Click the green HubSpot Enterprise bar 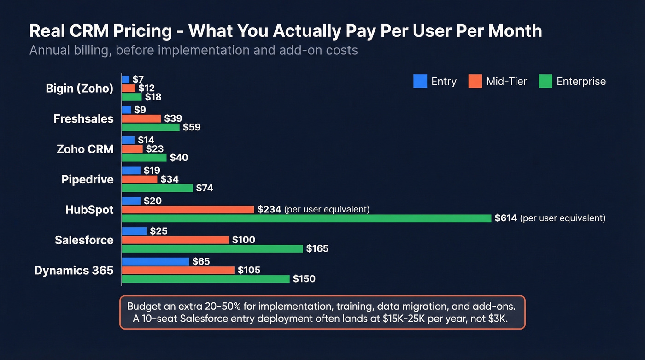click(x=306, y=218)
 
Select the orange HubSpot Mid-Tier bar click(x=188, y=210)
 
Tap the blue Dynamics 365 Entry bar click(x=155, y=262)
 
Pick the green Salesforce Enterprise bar click(x=212, y=249)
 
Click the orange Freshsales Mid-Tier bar click(x=141, y=119)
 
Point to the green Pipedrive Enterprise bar click(x=157, y=188)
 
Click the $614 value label click(x=505, y=218)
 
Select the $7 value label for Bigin click(x=138, y=80)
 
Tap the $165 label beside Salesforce click(x=317, y=249)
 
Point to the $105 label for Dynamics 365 click(x=249, y=271)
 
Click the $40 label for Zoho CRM click(x=179, y=158)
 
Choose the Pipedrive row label click(x=88, y=179)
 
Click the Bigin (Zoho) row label click(x=79, y=89)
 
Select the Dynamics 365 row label click(x=74, y=271)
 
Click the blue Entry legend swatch click(x=420, y=82)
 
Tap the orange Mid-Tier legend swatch click(x=475, y=82)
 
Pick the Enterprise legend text click(x=581, y=82)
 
